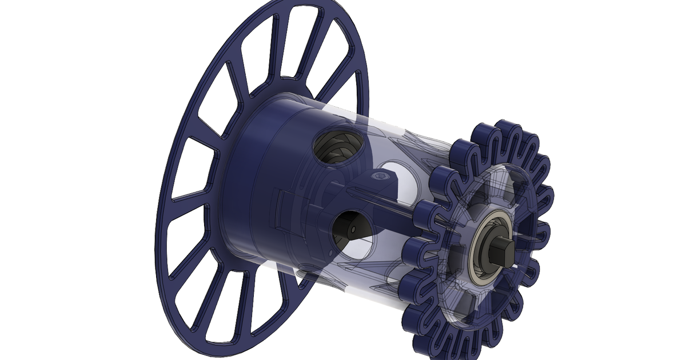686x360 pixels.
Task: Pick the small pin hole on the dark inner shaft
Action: (353, 229)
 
